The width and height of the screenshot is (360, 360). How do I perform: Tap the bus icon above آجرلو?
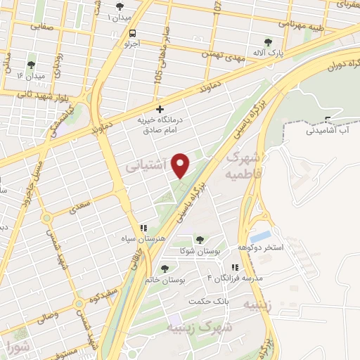pos(133,33)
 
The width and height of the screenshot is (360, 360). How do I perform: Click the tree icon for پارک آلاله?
pos(266,42)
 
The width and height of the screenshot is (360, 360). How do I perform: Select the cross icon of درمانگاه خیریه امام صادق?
pos(161,109)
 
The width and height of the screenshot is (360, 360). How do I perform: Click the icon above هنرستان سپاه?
pos(143,228)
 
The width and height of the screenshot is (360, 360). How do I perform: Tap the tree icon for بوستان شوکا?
pos(201,240)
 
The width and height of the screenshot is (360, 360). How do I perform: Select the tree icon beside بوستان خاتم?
pos(165,268)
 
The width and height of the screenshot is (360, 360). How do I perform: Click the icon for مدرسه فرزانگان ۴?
pos(234,267)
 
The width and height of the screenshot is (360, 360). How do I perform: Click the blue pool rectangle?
pos(260,237)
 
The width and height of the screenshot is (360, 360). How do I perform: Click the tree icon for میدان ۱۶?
pos(30,65)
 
